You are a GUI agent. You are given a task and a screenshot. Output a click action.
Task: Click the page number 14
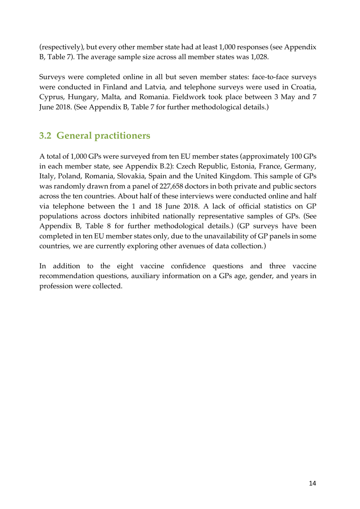(312, 483)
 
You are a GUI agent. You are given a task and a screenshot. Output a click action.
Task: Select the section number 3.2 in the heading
(45, 136)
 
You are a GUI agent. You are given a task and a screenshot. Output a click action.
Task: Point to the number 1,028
(259, 57)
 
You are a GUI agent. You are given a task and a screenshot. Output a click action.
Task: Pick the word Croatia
(303, 87)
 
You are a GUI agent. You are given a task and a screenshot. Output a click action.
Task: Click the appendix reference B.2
(164, 166)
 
